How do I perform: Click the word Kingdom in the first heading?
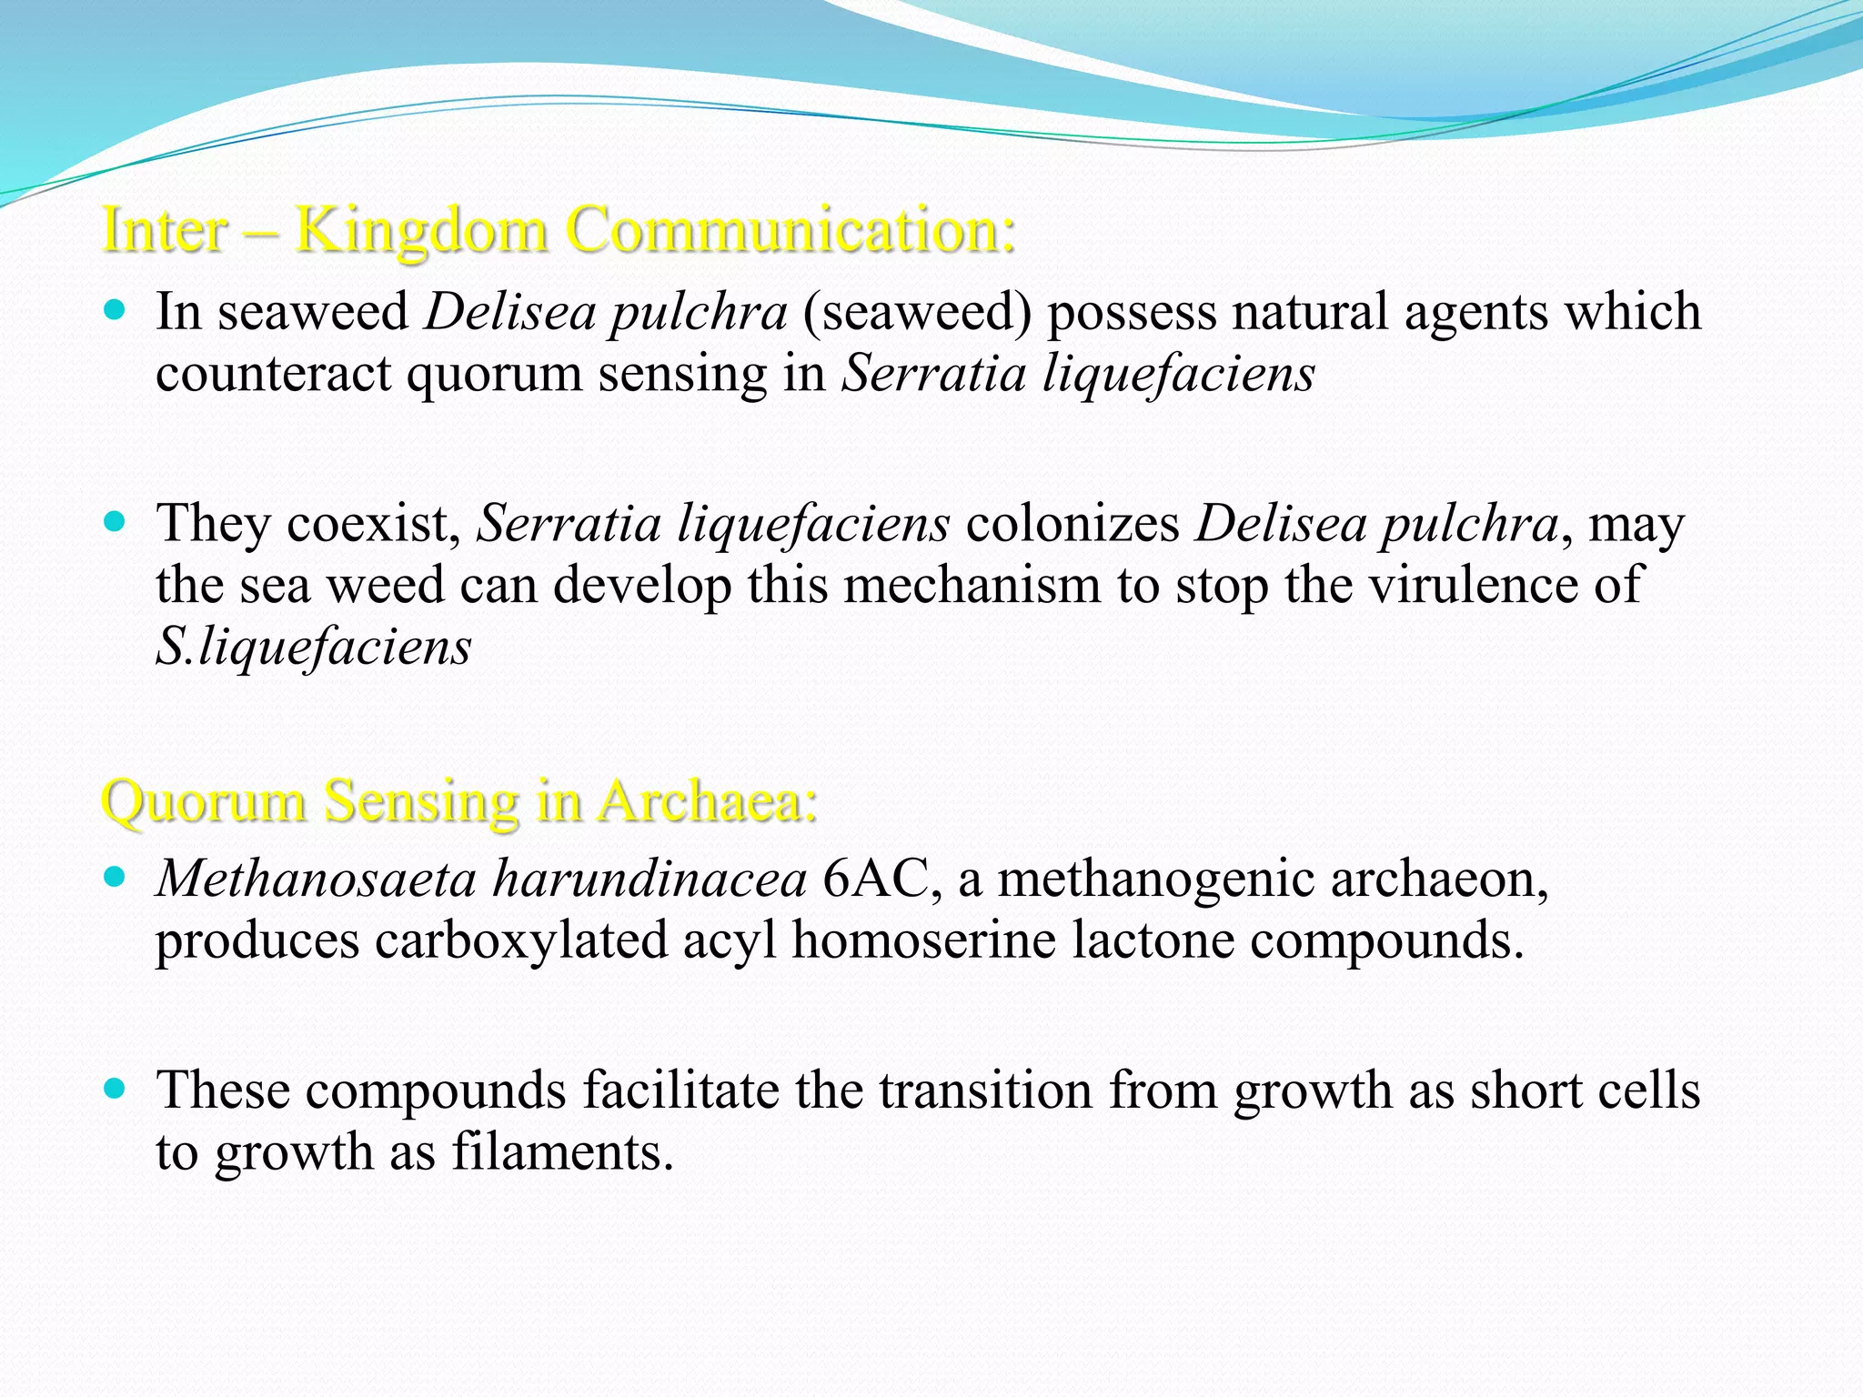click(x=421, y=229)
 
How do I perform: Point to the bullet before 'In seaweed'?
click(x=114, y=311)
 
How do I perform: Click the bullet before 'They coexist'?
click(x=114, y=523)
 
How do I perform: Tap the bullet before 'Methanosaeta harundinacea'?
click(x=114, y=878)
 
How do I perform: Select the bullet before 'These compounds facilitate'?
click(x=114, y=1089)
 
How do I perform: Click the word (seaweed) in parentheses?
click(x=917, y=311)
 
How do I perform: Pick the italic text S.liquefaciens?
click(x=314, y=647)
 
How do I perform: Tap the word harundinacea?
click(x=650, y=879)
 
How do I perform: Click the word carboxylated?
click(x=521, y=940)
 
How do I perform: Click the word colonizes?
click(x=1072, y=524)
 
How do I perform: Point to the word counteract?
click(x=273, y=373)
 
